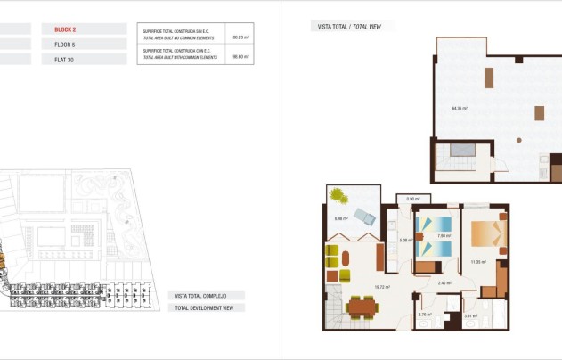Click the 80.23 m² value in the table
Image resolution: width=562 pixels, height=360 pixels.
point(239,37)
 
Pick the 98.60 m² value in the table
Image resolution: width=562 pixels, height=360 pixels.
point(239,56)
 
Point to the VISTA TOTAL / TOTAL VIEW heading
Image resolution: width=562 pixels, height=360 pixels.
point(352,27)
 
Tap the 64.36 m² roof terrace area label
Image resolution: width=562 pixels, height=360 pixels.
point(460,109)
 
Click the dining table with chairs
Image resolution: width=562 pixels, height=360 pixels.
point(362,307)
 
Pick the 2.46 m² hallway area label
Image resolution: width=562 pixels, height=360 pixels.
point(444,283)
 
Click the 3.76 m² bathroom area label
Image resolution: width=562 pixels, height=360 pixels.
point(424,315)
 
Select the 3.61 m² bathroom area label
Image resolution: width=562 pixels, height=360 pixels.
point(469,315)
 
